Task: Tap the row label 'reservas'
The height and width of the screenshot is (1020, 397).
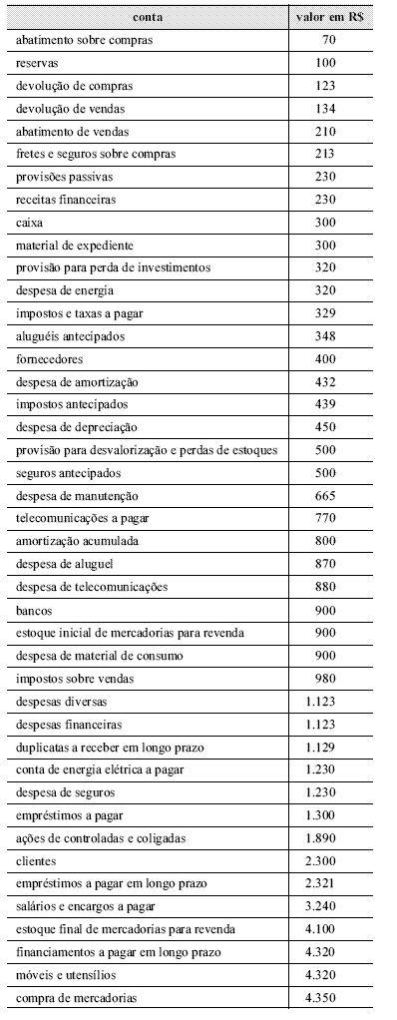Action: [x=38, y=63]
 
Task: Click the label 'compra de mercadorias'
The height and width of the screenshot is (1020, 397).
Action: [x=73, y=997]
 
